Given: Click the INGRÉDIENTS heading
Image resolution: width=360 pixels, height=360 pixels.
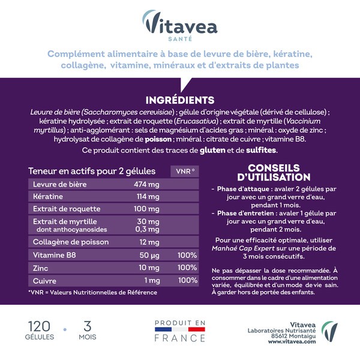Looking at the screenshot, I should pos(180,100).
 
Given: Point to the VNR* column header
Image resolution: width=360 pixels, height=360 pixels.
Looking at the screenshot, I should pos(185,171).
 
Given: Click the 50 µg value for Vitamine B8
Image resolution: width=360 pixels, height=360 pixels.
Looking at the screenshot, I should pos(148,254).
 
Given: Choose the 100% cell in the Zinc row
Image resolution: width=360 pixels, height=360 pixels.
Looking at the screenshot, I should pos(188,267).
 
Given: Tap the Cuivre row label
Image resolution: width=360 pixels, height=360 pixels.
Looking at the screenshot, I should pos(46,280).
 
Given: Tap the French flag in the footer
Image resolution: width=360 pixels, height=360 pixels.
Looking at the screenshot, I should pos(180,330).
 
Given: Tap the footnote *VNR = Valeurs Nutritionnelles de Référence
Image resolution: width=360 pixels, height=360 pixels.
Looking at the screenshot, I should pos(92,292).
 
